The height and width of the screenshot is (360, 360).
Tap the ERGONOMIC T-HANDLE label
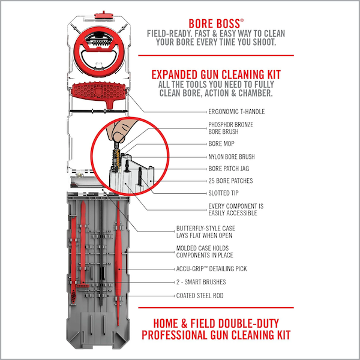click(236, 112)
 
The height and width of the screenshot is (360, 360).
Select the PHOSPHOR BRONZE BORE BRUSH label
click(231, 128)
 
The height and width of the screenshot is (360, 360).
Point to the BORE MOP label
click(221, 144)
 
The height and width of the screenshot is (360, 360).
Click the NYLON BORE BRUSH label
click(232, 157)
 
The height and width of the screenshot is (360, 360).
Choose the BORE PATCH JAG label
click(229, 169)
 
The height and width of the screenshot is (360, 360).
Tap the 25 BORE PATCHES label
click(230, 181)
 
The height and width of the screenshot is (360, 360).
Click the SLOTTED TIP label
click(223, 193)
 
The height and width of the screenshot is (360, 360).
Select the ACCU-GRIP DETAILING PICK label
click(211, 269)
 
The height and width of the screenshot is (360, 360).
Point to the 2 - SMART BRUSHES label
click(201, 282)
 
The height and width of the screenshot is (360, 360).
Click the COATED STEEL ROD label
click(200, 295)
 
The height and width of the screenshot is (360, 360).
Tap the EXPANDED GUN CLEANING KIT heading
click(216, 74)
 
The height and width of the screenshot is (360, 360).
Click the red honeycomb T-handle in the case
click(99, 92)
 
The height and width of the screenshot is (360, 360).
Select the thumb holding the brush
click(119, 130)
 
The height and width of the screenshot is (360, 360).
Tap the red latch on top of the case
click(104, 16)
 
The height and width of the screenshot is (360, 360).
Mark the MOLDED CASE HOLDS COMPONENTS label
click(205, 251)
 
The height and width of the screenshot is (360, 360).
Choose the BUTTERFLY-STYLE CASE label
click(206, 232)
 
